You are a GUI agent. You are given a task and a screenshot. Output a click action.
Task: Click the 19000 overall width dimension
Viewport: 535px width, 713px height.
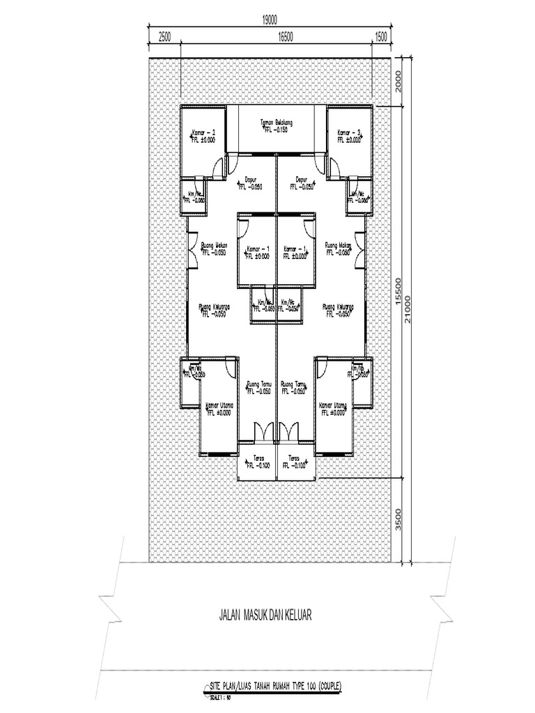point(270,19)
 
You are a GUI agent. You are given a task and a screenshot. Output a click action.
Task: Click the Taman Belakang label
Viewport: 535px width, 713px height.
point(277,124)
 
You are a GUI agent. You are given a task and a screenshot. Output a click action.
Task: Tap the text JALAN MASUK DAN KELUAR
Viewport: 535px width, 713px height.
point(265,616)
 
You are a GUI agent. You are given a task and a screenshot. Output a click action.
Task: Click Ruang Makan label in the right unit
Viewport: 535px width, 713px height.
point(339,245)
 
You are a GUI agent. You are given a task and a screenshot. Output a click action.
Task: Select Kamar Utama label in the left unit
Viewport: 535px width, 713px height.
point(219,405)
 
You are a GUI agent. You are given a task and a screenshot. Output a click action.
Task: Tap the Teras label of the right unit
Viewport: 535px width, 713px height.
point(295,458)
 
